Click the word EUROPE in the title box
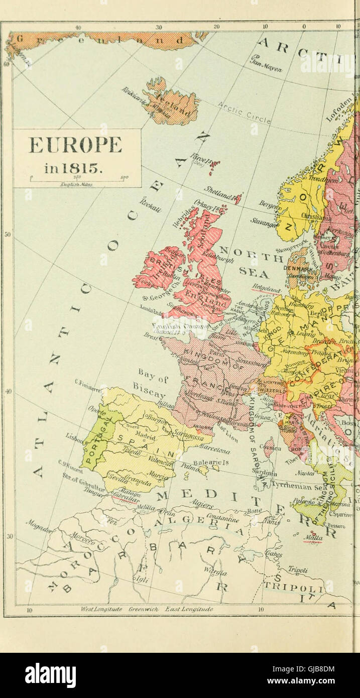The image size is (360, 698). (x=75, y=145)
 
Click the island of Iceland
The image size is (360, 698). (x=171, y=103)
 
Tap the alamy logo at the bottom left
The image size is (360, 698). (x=51, y=675)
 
